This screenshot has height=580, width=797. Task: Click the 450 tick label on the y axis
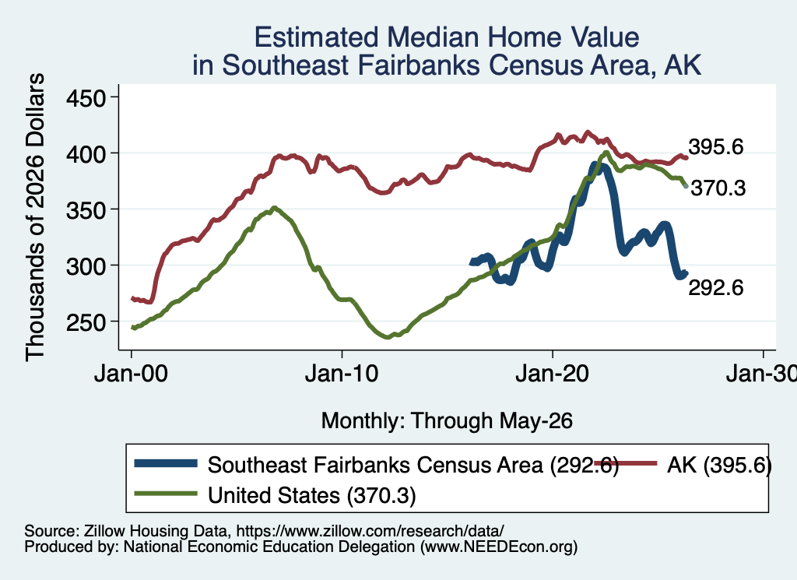click(86, 97)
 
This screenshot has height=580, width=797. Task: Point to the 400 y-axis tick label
click(86, 153)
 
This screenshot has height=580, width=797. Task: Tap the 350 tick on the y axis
click(86, 209)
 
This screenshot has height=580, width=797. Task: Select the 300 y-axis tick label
click(86, 265)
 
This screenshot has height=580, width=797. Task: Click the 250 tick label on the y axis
click(86, 322)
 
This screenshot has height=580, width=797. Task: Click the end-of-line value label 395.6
click(716, 147)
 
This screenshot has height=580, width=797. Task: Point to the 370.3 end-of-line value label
click(718, 188)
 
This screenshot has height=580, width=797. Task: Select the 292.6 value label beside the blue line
click(716, 288)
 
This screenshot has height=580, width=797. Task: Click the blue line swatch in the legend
click(166, 463)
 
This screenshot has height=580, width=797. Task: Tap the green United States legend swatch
click(166, 494)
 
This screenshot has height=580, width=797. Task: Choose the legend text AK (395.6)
click(719, 465)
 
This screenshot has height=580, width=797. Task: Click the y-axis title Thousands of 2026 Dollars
click(35, 217)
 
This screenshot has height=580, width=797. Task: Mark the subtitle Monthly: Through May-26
click(447, 421)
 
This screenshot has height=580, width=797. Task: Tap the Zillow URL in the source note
click(370, 531)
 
